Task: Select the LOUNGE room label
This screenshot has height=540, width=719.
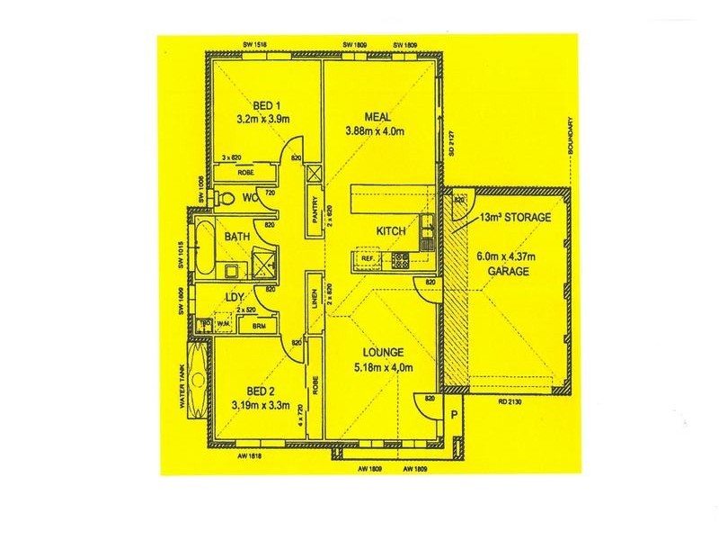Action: [383, 352]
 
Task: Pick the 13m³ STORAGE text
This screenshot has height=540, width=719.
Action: [515, 217]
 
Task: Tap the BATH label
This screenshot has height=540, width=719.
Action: [237, 237]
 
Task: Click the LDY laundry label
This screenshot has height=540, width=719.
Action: [235, 296]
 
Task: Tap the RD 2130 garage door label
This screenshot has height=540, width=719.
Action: [510, 401]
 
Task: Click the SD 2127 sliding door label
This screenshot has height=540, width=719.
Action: [451, 145]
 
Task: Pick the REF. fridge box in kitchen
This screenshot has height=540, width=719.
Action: [368, 259]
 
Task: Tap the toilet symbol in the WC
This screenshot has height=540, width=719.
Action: [227, 198]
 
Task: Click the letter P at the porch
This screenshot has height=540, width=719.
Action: [455, 416]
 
